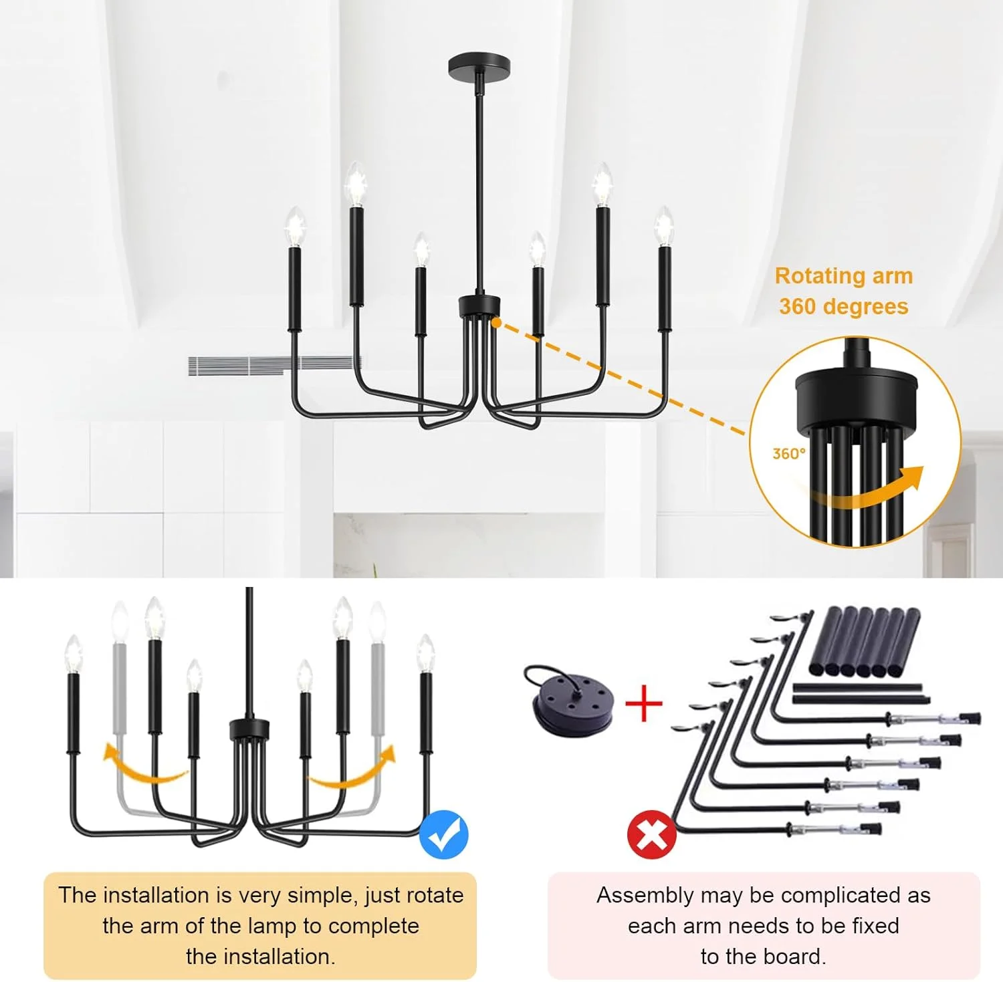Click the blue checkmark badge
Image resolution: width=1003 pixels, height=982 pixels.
coord(443,834)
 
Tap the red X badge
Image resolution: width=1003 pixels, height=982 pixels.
coord(651,834)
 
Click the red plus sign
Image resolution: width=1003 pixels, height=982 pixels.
coord(643,703)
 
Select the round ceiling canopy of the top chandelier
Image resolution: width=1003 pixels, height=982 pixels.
coord(479,65)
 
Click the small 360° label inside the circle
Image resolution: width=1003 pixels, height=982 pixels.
coord(789,454)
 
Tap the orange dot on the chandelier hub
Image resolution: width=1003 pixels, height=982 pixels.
coord(496,323)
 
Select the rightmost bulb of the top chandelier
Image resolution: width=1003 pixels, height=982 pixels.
coord(663,225)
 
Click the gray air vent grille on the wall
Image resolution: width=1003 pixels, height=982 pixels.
coord(274,366)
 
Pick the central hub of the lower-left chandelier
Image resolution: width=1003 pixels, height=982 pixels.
coord(249,729)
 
